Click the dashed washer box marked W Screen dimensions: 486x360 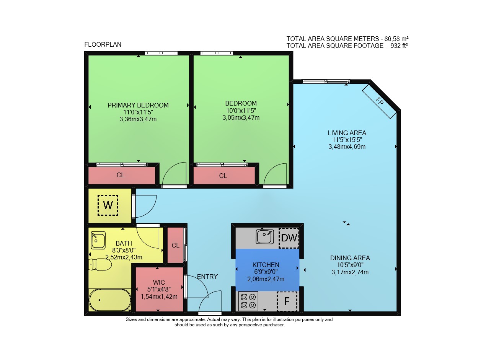point(108,205)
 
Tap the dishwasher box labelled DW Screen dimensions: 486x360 point(289,238)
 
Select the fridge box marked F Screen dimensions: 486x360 point(287,301)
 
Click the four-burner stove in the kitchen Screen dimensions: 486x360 point(248,301)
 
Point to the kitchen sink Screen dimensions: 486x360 point(265,237)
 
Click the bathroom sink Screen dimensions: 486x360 point(98,240)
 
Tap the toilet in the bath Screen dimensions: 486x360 point(100,265)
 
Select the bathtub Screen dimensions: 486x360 point(110,300)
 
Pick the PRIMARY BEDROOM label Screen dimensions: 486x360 point(138,105)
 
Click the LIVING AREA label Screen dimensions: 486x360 point(347,133)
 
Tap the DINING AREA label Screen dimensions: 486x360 point(350,258)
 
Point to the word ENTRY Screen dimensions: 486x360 point(207,277)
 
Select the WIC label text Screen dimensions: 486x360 point(159,282)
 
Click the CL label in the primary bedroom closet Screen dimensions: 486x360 point(120,175)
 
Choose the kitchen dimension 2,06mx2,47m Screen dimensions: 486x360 point(266,279)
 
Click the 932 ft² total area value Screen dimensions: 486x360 point(399,46)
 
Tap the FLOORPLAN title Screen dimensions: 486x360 point(103,44)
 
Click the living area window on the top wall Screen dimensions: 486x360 point(326,81)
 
